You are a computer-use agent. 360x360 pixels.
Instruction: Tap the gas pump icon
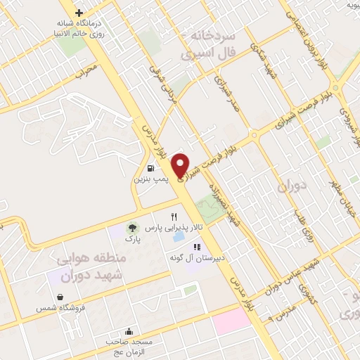[x=151, y=168]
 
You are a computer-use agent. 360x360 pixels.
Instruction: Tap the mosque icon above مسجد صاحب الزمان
[x=129, y=331]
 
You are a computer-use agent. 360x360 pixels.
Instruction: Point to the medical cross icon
[x=79, y=13]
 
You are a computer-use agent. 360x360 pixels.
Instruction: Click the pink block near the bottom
[x=231, y=321]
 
